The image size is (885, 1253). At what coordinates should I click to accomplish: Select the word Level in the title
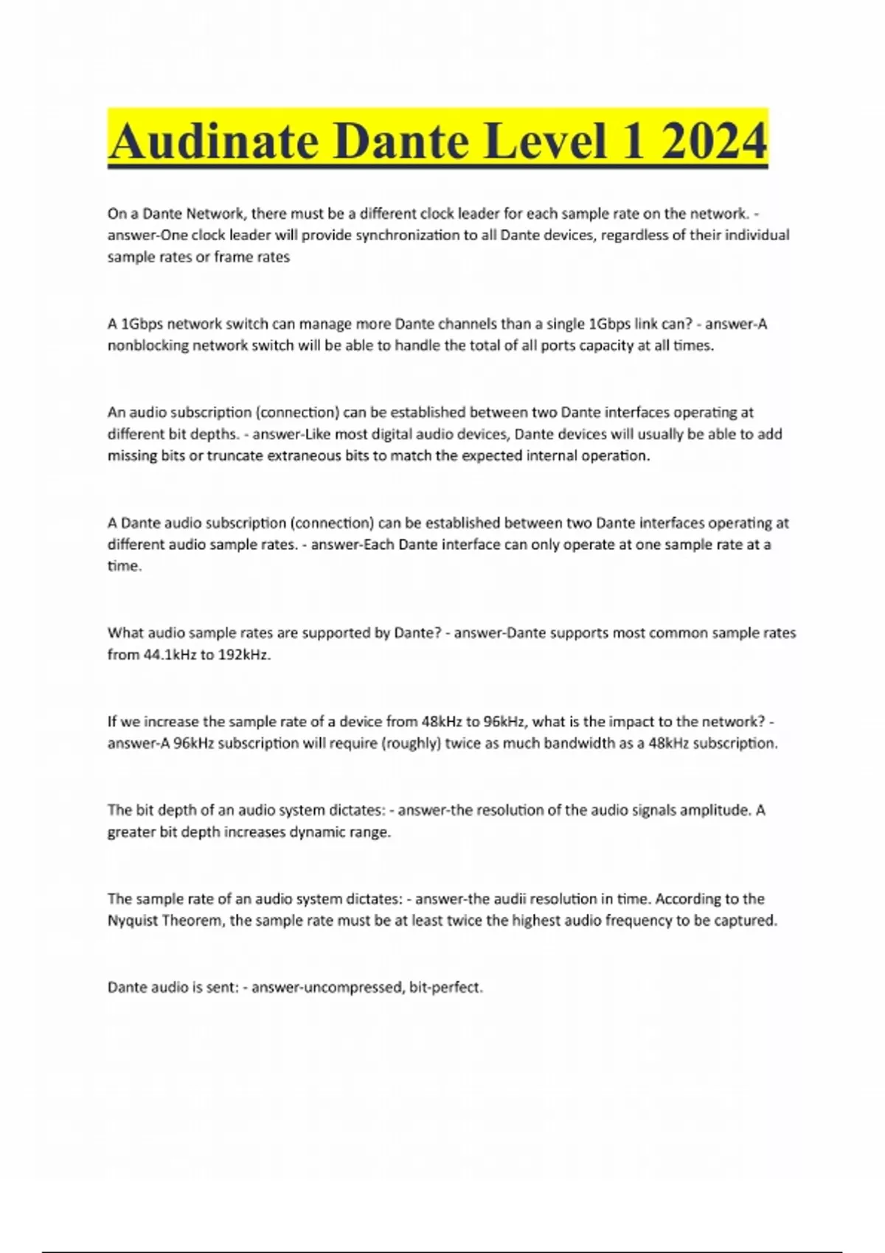point(544,141)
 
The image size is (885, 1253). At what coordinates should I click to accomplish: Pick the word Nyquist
point(133,921)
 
